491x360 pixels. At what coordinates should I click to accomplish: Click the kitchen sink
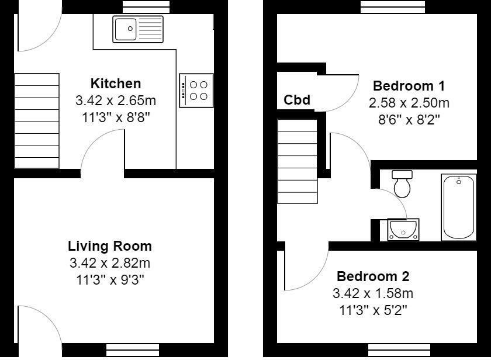click(139, 29)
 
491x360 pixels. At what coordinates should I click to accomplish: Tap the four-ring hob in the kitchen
click(196, 91)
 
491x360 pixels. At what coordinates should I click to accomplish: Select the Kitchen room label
click(116, 84)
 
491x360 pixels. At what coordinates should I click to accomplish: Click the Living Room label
click(110, 246)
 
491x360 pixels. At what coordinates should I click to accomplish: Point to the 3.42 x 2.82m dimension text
click(110, 262)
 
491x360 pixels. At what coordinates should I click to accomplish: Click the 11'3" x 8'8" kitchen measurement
click(116, 116)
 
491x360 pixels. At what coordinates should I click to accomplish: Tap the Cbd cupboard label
click(296, 100)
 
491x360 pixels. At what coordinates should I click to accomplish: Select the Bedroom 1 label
click(409, 86)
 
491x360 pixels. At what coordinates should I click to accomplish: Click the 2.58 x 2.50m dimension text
click(409, 103)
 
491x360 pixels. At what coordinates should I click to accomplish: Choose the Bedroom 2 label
click(373, 276)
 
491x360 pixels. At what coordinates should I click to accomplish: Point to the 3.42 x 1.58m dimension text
click(373, 293)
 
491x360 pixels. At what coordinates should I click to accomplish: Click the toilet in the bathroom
click(402, 184)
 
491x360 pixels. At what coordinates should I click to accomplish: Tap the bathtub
click(459, 206)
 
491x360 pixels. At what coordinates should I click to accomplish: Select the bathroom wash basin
click(403, 229)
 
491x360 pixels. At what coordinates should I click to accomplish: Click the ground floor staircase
click(36, 121)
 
